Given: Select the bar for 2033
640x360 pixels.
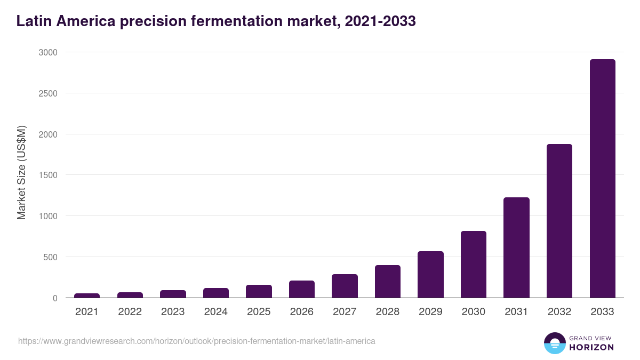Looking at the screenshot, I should point(602,179).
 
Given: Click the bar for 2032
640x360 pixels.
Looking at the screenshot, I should point(559,221).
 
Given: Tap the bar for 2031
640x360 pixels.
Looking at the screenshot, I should point(516,247).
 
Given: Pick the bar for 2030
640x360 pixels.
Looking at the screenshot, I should point(474,265).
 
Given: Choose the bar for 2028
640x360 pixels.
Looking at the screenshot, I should point(388,282).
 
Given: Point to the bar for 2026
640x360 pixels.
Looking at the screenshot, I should point(302,289).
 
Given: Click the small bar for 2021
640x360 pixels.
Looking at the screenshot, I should point(87,295).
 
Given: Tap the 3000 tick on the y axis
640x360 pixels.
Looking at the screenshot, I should point(47,52).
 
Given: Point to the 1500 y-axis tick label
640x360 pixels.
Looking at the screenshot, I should point(47,175).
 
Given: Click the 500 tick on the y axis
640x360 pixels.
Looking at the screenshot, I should point(50,257).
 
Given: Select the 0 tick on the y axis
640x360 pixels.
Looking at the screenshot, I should point(54,298).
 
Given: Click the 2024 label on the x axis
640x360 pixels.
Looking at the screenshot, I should point(215,312).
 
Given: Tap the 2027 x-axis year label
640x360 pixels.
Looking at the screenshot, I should point(345,312).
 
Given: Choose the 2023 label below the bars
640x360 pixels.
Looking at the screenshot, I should point(173,312).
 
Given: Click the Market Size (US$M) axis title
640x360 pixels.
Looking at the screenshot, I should point(21,173).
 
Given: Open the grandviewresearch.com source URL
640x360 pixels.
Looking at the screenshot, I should point(197,341).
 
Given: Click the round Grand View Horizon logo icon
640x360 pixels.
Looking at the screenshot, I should point(554,343).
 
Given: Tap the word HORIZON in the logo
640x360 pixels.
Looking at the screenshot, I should point(591,347).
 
